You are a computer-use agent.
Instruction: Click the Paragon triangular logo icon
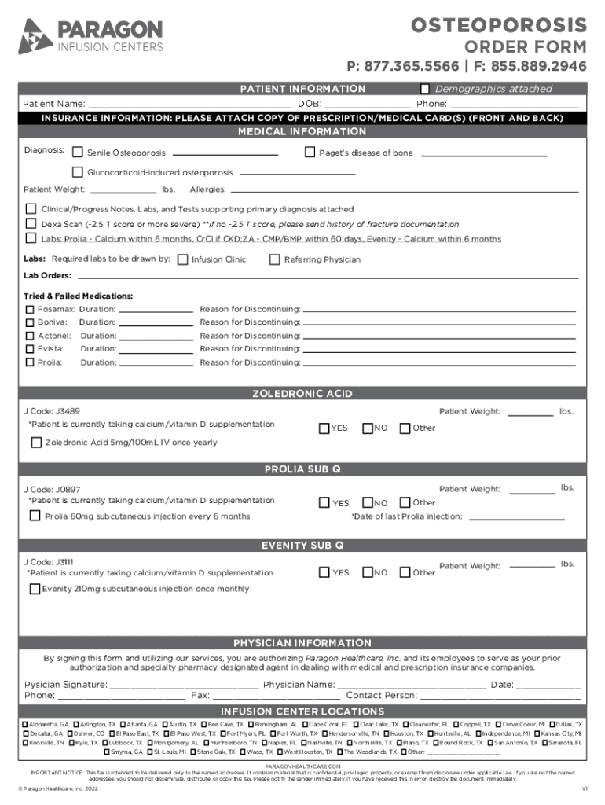(35, 37)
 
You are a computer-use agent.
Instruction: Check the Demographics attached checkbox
(426, 89)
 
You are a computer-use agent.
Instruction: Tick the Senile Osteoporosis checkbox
(78, 153)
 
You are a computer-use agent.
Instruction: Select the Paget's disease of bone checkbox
(310, 153)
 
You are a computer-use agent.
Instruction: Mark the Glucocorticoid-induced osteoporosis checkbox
(78, 172)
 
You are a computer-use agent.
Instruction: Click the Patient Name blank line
(189, 104)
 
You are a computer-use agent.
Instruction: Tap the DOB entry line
(367, 104)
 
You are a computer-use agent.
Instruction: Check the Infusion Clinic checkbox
(183, 259)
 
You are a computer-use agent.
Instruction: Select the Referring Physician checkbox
(275, 259)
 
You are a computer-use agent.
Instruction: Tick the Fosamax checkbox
(31, 310)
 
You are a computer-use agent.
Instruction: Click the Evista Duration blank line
(156, 349)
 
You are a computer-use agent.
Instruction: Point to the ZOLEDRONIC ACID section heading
(302, 394)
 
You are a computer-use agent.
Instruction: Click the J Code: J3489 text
(51, 411)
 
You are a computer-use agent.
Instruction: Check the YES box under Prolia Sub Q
(324, 503)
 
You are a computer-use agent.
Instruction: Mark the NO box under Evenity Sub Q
(367, 573)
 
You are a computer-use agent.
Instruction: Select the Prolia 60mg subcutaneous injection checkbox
(35, 516)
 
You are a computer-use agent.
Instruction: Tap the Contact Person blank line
(500, 696)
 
